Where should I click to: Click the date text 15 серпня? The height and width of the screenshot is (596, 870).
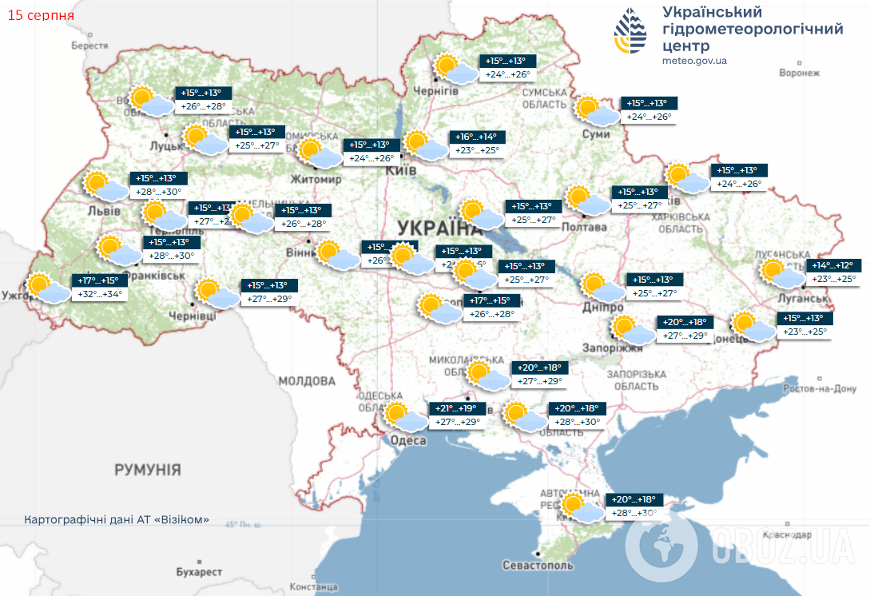pos(41,15)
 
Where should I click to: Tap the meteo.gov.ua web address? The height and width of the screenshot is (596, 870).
pos(694,60)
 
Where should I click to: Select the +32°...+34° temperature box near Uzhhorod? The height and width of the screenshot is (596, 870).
pos(100,293)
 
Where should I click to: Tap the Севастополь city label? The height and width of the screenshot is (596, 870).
pos(538,565)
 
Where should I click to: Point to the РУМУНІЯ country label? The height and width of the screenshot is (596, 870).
pos(147,469)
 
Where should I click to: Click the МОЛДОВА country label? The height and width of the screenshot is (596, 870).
pos(307,380)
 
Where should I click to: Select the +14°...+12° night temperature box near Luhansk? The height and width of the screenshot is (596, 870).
pos(832,265)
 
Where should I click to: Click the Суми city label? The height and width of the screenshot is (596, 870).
pos(596,134)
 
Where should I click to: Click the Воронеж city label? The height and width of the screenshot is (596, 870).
pos(800,73)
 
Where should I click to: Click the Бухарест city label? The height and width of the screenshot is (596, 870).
pos(200,572)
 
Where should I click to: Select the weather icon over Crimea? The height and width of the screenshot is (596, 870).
pos(578,508)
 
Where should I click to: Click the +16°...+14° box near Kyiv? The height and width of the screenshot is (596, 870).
pos(477,137)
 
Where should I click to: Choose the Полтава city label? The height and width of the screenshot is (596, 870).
pos(585,228)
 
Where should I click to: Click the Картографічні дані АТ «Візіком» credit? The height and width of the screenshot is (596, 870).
pos(117,519)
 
